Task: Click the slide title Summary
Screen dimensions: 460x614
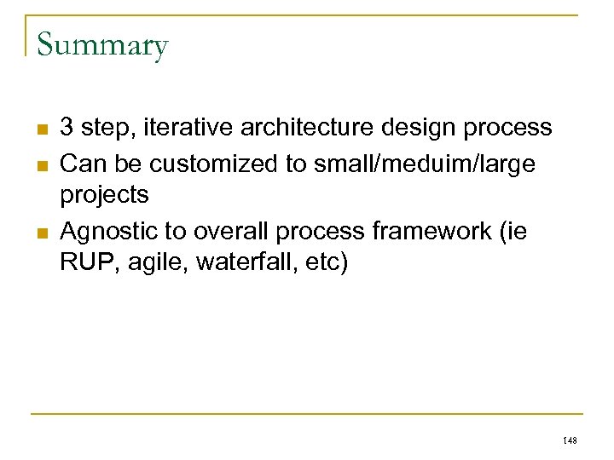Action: click(x=102, y=44)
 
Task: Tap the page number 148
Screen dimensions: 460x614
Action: click(x=571, y=440)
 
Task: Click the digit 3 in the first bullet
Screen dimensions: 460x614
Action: click(x=67, y=128)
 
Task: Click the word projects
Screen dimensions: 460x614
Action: click(x=104, y=196)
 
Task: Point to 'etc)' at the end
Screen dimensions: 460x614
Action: click(x=327, y=263)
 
